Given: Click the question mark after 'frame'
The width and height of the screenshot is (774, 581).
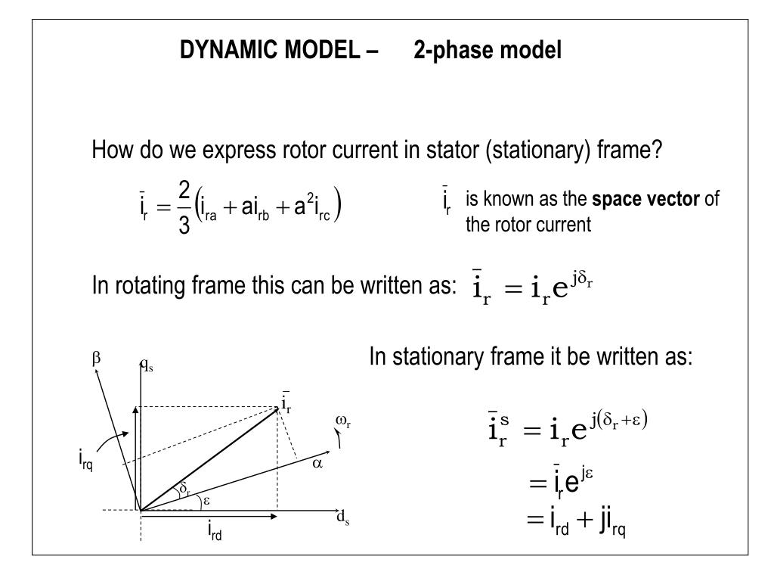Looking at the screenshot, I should (x=657, y=151).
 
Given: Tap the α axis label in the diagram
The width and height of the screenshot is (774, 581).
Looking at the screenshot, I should (x=317, y=464).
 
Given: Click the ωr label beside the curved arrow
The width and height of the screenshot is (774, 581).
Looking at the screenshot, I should (x=342, y=421).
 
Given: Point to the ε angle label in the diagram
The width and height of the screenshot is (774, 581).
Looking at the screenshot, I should (x=205, y=501).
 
